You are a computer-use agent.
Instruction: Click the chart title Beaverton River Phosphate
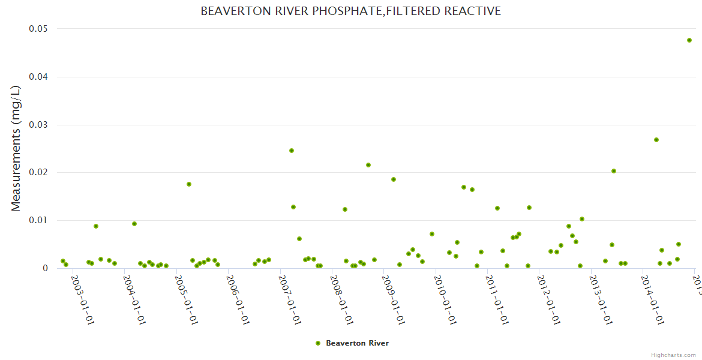click(350, 11)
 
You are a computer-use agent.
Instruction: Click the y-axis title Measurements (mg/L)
click(16, 148)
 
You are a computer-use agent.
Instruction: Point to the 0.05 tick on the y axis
click(38, 29)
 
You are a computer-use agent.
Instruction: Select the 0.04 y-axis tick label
click(38, 77)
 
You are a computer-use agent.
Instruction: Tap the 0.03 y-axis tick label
click(38, 125)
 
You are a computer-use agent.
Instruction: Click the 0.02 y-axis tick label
click(38, 172)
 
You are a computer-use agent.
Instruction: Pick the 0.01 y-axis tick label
click(38, 220)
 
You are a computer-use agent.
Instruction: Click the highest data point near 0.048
click(689, 40)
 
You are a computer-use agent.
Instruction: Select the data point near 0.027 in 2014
click(656, 140)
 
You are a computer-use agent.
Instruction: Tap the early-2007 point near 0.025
click(292, 151)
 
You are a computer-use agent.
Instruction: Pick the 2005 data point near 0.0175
click(189, 184)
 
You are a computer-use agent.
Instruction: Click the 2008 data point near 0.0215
click(368, 165)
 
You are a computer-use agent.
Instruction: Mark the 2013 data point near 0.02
click(614, 171)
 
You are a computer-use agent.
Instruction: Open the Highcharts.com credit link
click(673, 355)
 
